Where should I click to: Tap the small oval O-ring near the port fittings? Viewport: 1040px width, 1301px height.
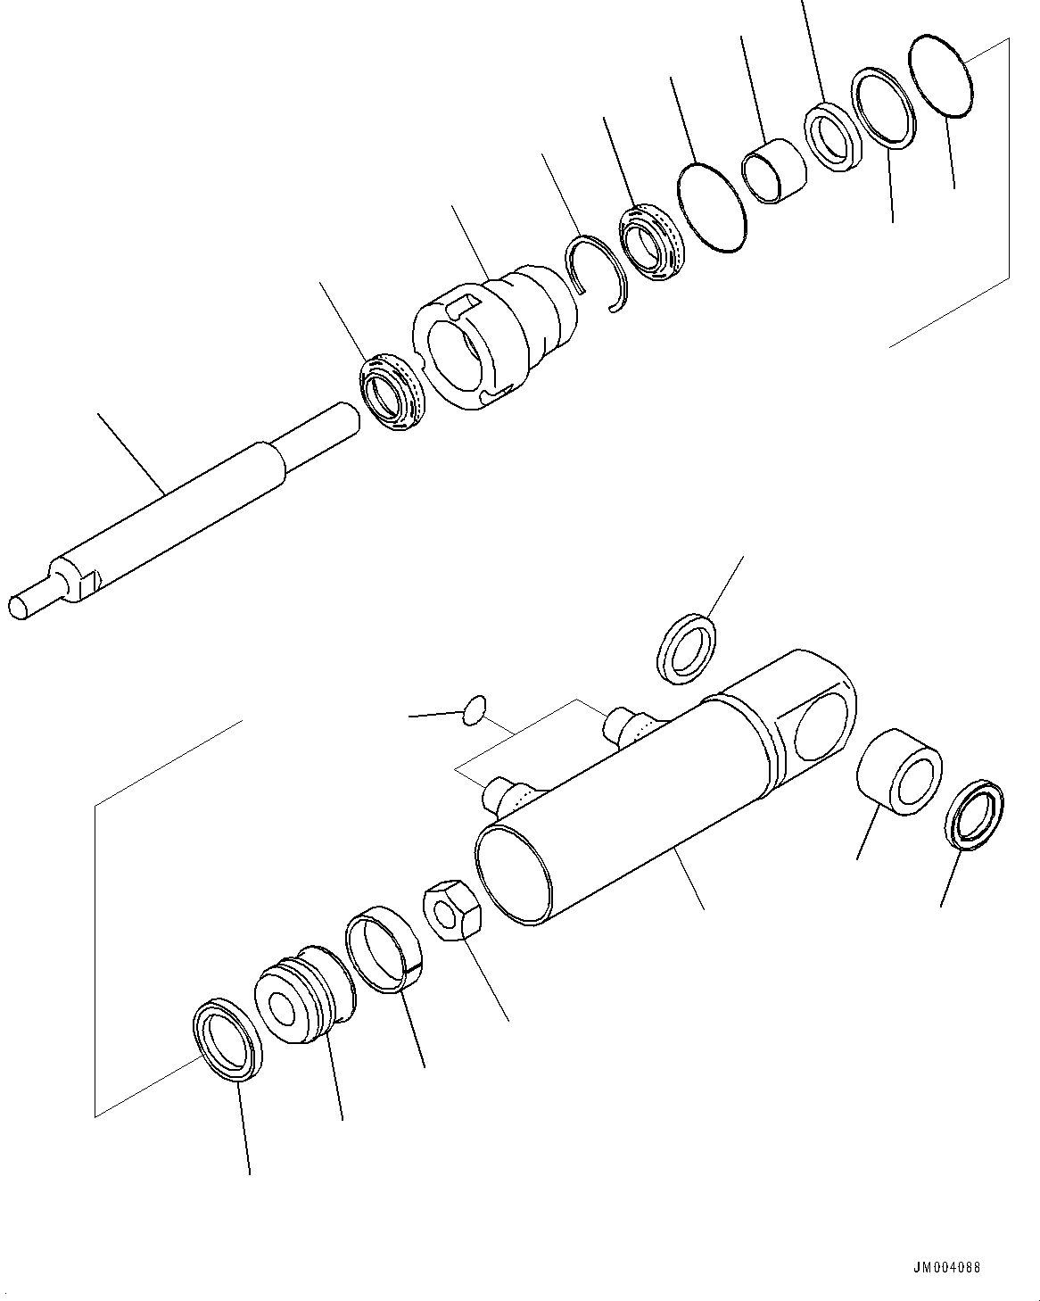pos(475,709)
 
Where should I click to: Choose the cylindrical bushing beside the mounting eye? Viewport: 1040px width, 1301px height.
pos(897,771)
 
